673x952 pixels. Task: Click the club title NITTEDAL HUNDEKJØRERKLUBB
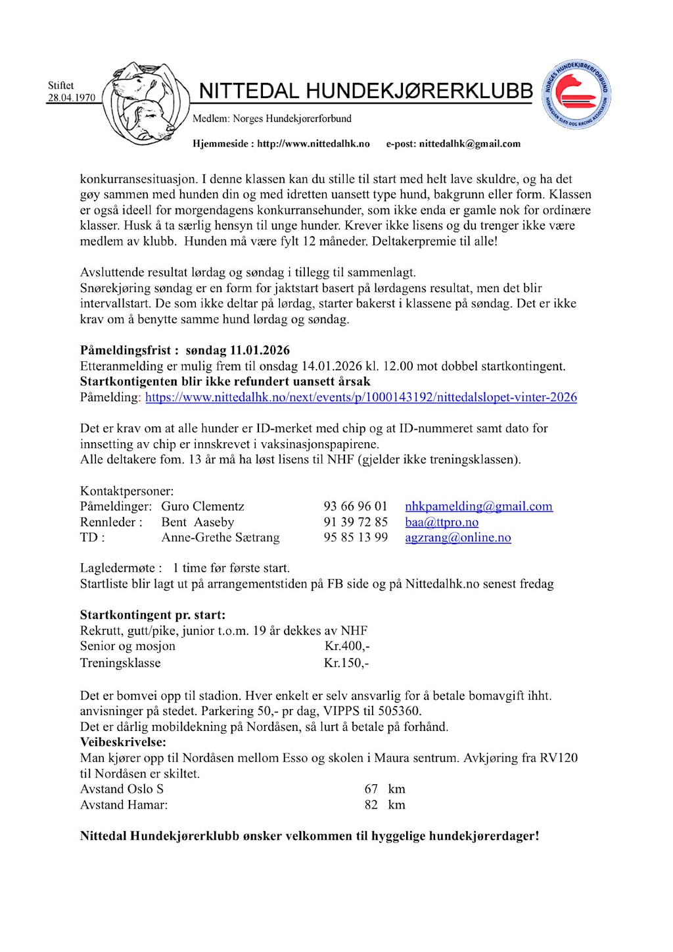(x=365, y=91)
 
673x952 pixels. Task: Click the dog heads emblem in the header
(x=143, y=103)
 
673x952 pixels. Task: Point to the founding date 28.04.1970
(x=71, y=97)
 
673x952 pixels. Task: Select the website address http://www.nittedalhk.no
(x=313, y=143)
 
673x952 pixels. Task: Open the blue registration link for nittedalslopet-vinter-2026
(x=361, y=397)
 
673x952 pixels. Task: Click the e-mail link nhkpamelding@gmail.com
(x=478, y=506)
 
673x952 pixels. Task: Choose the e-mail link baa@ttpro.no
(x=442, y=522)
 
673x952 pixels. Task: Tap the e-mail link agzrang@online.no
(x=457, y=538)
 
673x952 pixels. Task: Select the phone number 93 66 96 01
(x=356, y=506)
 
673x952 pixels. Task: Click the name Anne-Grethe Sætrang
(x=220, y=538)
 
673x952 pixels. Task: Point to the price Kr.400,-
(x=347, y=646)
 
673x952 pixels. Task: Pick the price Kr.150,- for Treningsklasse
(x=346, y=663)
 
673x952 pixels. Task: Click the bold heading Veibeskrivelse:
(x=123, y=742)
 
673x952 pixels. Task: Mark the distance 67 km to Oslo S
(x=384, y=789)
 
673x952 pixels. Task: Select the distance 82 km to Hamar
(x=384, y=805)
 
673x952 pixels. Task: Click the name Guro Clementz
(x=202, y=506)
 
